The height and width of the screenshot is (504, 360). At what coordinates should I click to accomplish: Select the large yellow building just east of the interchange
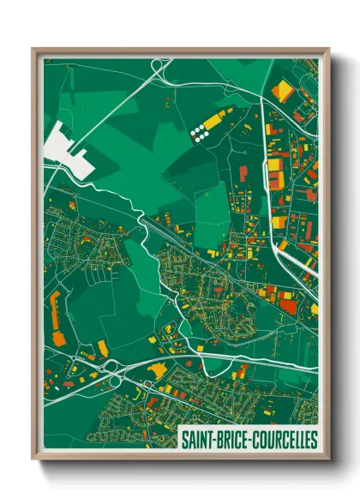pos(158,369)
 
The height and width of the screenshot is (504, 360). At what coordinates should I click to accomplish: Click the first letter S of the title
pos(184,440)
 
